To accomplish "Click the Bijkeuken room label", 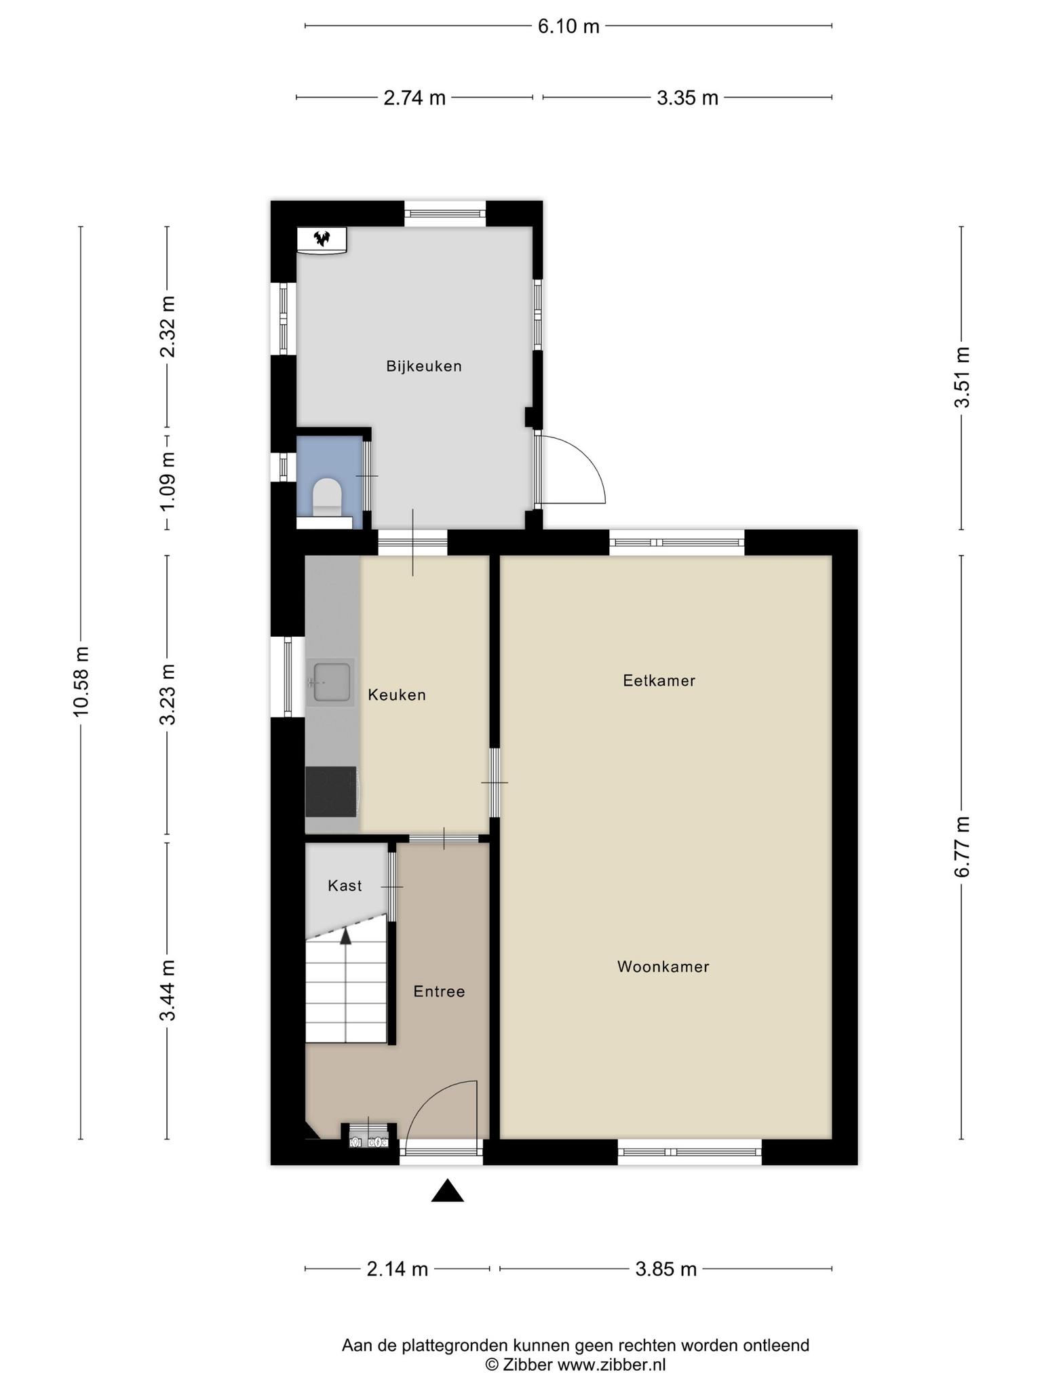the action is coord(424,366).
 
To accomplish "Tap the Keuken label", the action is coord(397,694).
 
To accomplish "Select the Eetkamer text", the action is coord(659,680).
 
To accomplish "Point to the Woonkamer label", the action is coord(663,967).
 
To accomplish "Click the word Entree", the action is coord(440,992).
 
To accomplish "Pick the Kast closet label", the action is coord(345,886).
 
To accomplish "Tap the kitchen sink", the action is coord(330,682).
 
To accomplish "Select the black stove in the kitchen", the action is coord(331,791).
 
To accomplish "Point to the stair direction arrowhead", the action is coord(346,936).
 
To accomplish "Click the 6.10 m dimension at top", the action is coord(568,26).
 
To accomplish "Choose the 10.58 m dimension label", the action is coord(81,682).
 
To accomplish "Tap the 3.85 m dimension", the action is coord(666,1269).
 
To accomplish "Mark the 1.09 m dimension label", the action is coord(168,482).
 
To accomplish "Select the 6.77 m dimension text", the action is coord(962,847).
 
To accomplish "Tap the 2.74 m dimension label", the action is coord(414,98).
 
